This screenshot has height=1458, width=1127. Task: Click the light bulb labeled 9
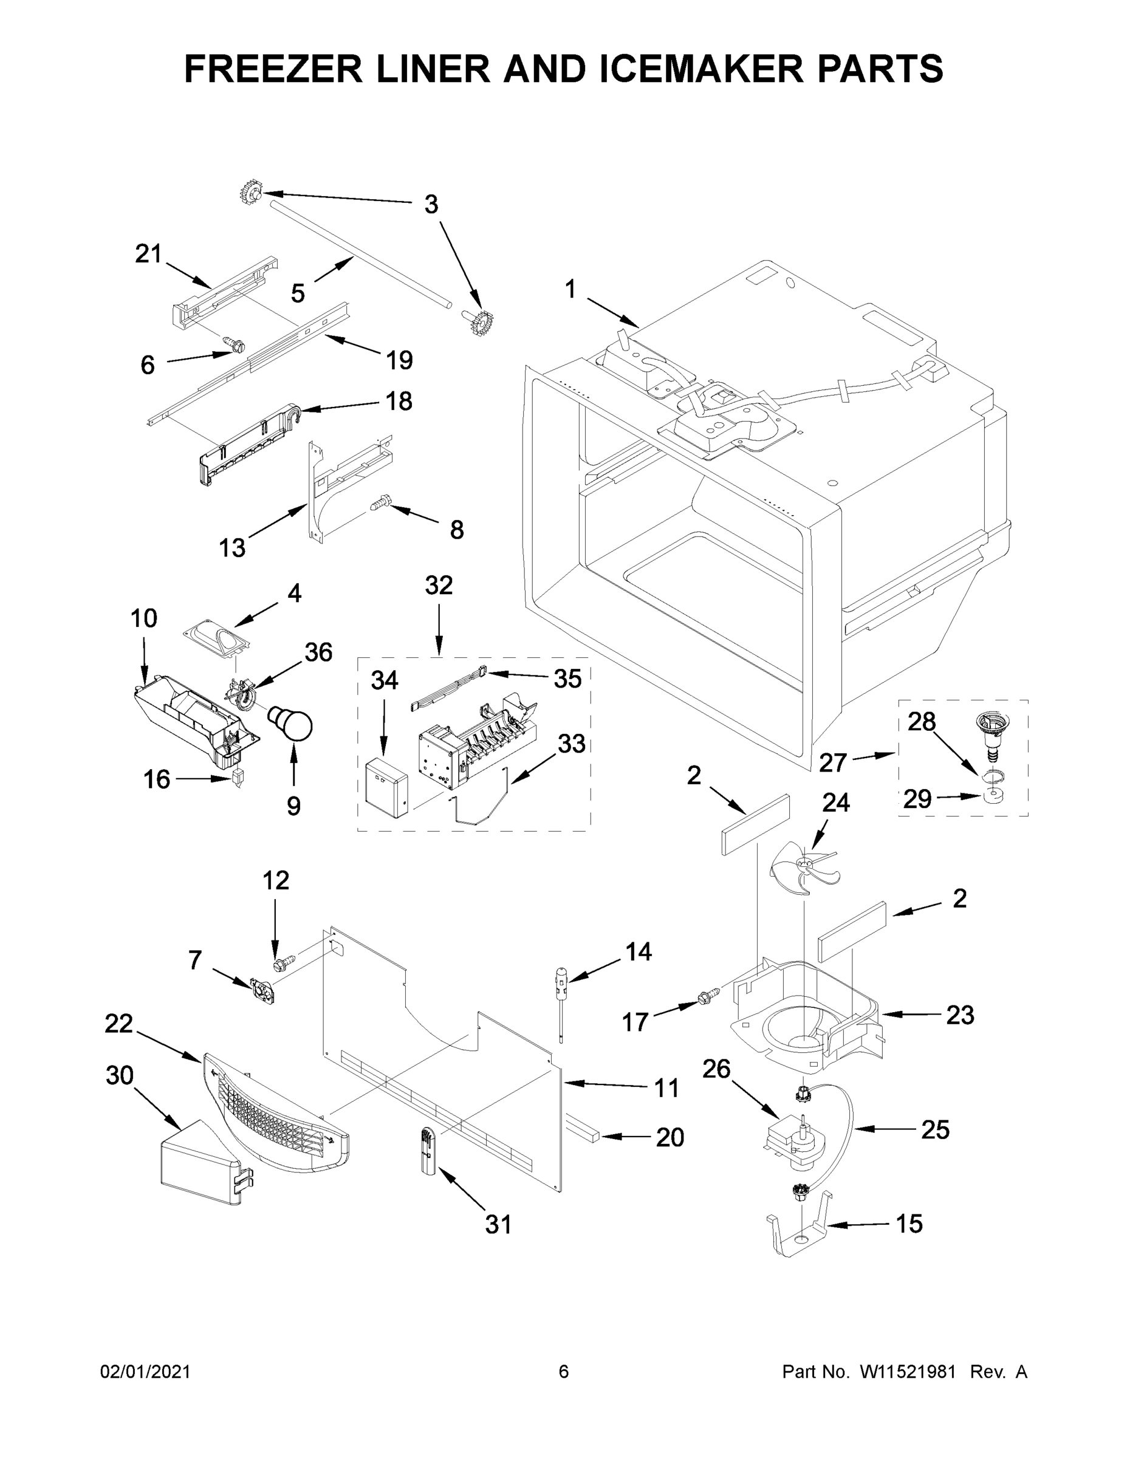(292, 724)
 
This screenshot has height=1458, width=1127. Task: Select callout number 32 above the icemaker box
(439, 586)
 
